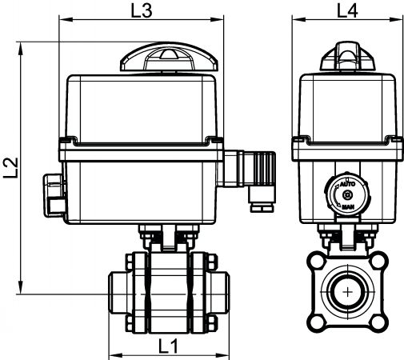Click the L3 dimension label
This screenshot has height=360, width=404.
pyautogui.click(x=142, y=11)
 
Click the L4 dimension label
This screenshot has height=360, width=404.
pyautogui.click(x=347, y=11)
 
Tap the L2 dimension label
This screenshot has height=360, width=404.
pyautogui.click(x=11, y=167)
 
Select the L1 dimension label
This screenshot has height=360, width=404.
pyautogui.click(x=168, y=346)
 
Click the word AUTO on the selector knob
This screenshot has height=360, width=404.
pyautogui.click(x=348, y=184)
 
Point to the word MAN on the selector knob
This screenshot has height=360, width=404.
pyautogui.click(x=348, y=206)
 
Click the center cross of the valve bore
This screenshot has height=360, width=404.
pyautogui.click(x=348, y=292)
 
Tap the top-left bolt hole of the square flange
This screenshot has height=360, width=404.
pyautogui.click(x=317, y=262)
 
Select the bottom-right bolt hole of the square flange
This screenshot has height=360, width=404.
pyautogui.click(x=378, y=323)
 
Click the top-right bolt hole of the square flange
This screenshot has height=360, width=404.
pyautogui.click(x=378, y=262)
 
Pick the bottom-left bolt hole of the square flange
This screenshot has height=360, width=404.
pyautogui.click(x=317, y=323)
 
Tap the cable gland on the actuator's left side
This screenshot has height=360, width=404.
pyautogui.click(x=54, y=195)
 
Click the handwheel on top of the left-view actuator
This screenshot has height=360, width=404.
pyautogui.click(x=169, y=57)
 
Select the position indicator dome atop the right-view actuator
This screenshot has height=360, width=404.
pyautogui.click(x=347, y=56)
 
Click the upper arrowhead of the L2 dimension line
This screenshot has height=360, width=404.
pyautogui.click(x=20, y=48)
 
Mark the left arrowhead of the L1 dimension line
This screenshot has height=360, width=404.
pyautogui.click(x=116, y=355)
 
